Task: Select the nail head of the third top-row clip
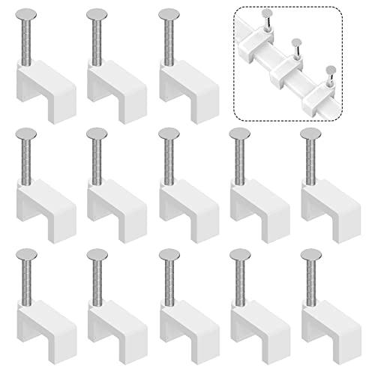pos(169,14)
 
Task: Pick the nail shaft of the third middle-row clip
pos(170,161)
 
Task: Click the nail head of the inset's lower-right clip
pos(330,68)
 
